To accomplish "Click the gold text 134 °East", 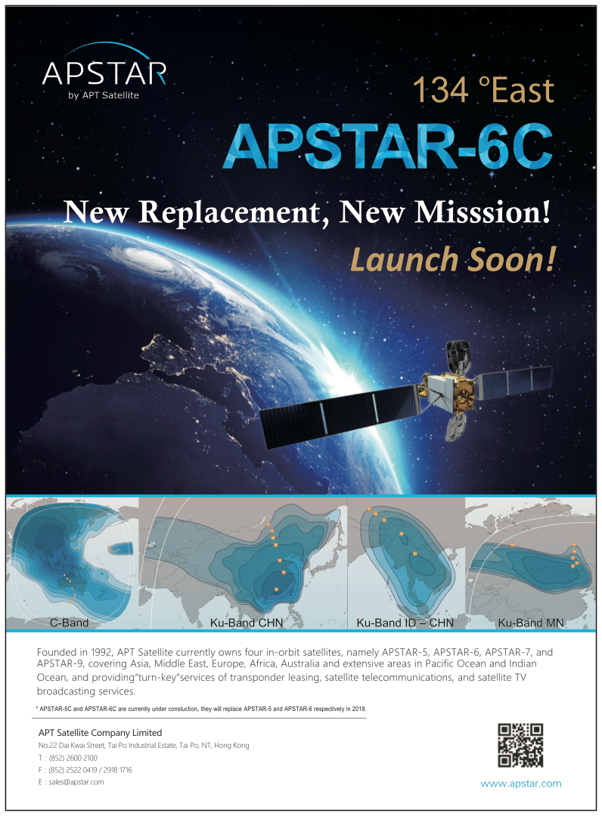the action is pyautogui.click(x=483, y=90).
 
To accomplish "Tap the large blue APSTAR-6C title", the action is pyautogui.click(x=388, y=147).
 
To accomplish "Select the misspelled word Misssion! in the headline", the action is pyautogui.click(x=483, y=212).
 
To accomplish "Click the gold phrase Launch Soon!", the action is pyautogui.click(x=453, y=259).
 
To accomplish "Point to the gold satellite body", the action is pyautogui.click(x=449, y=387).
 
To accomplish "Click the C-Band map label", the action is pyautogui.click(x=70, y=623).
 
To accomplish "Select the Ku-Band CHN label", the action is pyautogui.click(x=247, y=623).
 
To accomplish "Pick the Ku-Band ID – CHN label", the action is pyautogui.click(x=405, y=623).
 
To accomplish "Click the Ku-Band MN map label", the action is pyautogui.click(x=531, y=623).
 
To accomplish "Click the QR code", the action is pyautogui.click(x=520, y=745).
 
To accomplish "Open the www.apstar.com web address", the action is pyautogui.click(x=521, y=784).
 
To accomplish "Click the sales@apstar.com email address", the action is pyautogui.click(x=76, y=782).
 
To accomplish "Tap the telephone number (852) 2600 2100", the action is pyautogui.click(x=73, y=758).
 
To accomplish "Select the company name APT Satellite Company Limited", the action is pyautogui.click(x=100, y=733).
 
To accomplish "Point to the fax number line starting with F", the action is pyautogui.click(x=85, y=770).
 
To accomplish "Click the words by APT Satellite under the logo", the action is pyautogui.click(x=104, y=95).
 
